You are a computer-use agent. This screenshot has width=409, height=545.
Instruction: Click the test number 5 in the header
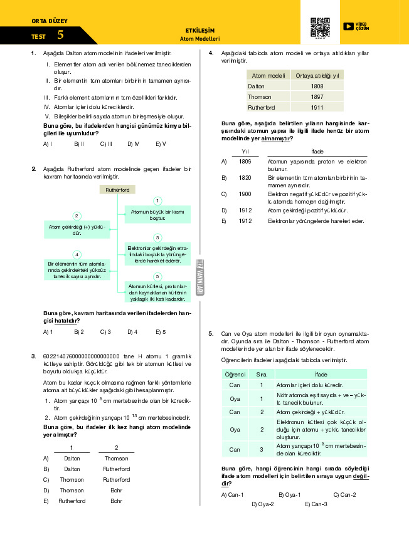point(60,36)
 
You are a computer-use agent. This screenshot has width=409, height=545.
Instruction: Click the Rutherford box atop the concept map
point(117,189)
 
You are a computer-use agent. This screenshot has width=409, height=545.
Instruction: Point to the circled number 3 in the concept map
point(158,237)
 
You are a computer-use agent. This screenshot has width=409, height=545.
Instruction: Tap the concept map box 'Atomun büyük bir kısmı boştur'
point(157,215)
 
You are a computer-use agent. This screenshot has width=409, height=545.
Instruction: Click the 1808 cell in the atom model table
point(317,86)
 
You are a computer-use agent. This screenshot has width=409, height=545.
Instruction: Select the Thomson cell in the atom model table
point(260,97)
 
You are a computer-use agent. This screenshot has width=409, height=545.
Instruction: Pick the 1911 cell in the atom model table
point(317,108)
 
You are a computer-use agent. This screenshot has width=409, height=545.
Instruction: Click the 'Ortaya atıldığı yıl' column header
point(317,75)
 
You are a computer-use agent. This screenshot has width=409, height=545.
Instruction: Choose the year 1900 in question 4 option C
point(245,194)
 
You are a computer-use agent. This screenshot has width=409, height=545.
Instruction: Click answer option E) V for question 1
point(161,144)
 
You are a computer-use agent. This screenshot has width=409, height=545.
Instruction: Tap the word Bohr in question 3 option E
point(117,501)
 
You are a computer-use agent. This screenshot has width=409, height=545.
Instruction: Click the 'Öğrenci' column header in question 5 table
point(235,374)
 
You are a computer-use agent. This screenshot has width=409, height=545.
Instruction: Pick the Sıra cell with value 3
point(261,449)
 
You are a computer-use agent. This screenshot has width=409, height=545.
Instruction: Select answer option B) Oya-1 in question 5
point(290,495)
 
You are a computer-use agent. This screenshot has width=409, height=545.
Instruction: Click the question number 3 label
point(33,356)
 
